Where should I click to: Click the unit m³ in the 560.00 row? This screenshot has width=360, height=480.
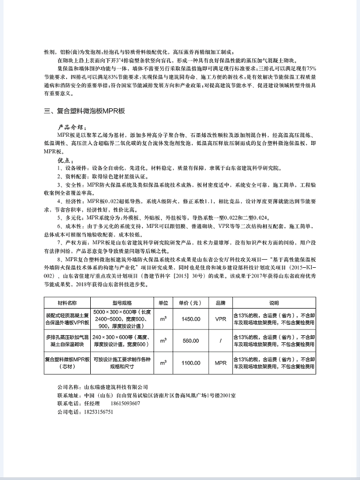pos(163,341)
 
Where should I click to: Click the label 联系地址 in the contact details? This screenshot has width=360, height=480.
pos(68,394)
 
